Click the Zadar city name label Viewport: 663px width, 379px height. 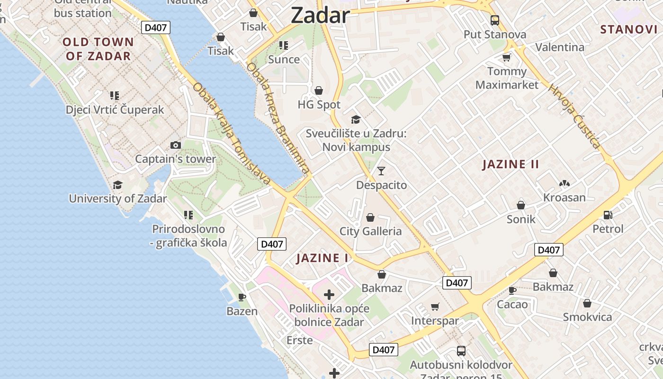point(320,15)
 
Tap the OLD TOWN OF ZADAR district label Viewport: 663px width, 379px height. point(98,49)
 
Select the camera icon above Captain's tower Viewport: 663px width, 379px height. point(176,145)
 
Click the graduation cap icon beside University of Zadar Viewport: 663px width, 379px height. point(117,185)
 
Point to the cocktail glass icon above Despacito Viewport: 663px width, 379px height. point(381,171)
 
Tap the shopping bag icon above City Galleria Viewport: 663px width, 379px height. point(370,217)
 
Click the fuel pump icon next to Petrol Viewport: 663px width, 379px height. point(608,215)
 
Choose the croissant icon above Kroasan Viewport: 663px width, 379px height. point(564,183)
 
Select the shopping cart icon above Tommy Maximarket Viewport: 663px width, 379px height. point(507,57)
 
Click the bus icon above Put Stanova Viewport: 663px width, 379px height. point(495,20)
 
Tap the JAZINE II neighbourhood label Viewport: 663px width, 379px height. point(511,164)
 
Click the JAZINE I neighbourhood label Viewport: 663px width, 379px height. point(322,258)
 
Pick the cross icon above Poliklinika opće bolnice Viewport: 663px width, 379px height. point(329,295)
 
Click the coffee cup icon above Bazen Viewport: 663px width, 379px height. point(242,298)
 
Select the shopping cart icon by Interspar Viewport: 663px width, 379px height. point(435,307)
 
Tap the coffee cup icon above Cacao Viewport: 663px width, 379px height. point(512,290)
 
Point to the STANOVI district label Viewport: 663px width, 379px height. point(628,29)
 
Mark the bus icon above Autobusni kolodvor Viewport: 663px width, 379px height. point(461,351)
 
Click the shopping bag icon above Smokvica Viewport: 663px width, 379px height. point(587,303)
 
